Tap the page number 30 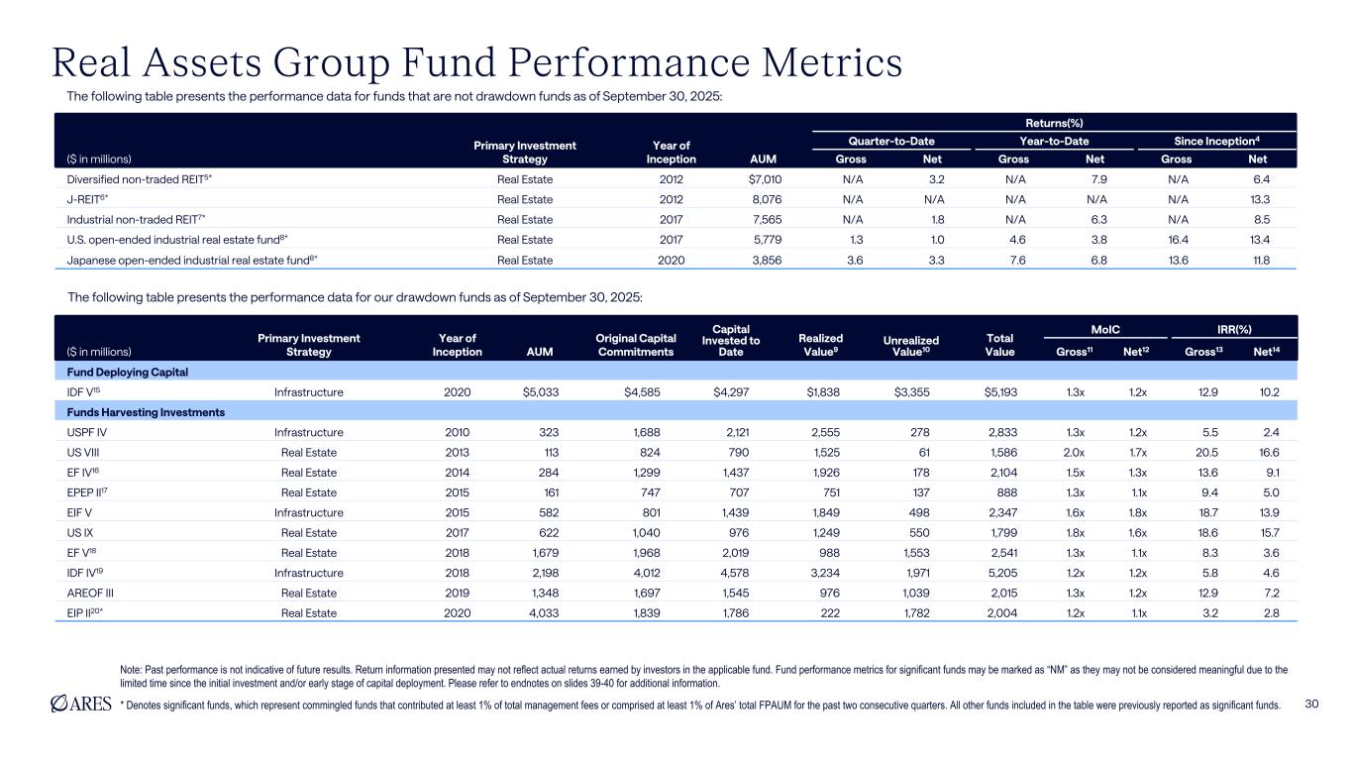[1312, 704]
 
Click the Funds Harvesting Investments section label [138, 412]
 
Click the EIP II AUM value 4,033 [541, 613]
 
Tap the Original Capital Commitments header [635, 345]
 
